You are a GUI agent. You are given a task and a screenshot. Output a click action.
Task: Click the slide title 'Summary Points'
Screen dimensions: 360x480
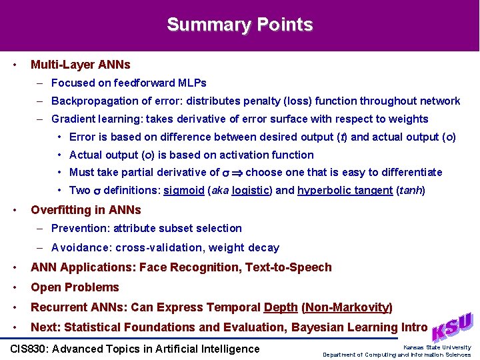[239, 25]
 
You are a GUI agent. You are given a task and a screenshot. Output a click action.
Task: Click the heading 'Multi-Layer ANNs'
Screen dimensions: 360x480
[81, 65]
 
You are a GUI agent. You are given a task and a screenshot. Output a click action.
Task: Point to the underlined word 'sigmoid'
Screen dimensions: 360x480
[184, 191]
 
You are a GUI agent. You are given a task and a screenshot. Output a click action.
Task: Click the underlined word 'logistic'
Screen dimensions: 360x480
[251, 191]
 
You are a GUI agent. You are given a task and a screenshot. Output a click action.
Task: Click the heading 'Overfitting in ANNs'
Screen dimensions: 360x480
[86, 210]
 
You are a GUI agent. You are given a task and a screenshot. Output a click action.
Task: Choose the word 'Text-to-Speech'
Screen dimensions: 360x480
[289, 267]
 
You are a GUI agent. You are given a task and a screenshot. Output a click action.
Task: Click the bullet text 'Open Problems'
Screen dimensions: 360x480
[75, 287]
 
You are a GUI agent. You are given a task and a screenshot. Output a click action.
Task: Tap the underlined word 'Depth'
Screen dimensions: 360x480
[281, 307]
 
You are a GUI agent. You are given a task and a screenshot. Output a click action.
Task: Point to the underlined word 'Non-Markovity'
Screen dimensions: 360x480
[347, 307]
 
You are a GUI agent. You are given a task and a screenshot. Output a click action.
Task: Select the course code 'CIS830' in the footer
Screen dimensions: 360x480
[31, 349]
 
